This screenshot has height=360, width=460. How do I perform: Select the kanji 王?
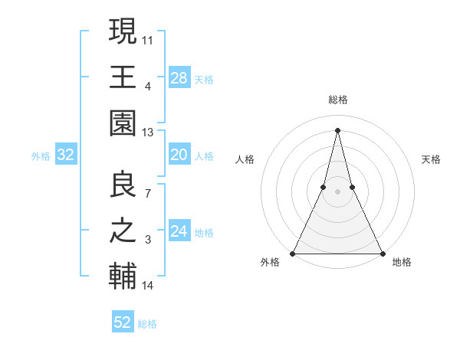[123, 77]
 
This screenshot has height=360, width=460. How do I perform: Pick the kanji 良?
[123, 185]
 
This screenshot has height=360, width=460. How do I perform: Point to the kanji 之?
[123, 232]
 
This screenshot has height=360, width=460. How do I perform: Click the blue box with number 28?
[179, 77]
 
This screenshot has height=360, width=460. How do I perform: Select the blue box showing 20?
[179, 155]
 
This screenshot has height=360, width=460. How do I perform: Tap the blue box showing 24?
[179, 232]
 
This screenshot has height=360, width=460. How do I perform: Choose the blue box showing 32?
[65, 155]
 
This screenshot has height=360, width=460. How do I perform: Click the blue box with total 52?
[123, 322]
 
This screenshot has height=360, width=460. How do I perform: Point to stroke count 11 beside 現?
[148, 38]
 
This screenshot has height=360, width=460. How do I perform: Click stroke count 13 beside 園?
[148, 132]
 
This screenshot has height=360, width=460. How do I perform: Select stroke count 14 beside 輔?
[148, 286]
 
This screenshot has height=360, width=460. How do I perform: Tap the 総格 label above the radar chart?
[338, 100]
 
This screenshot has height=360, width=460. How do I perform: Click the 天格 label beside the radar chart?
[432, 159]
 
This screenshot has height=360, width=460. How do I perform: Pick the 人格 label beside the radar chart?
[245, 159]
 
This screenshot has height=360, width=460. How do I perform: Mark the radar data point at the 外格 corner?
[294, 253]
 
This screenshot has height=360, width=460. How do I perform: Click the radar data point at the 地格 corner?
[382, 253]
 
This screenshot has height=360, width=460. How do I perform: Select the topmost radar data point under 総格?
[338, 129]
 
